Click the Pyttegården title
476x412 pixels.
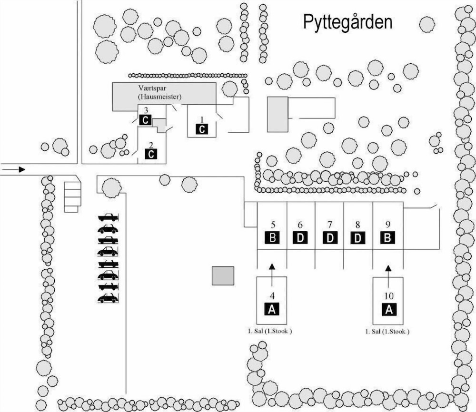(348, 22)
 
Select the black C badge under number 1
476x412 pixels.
(202, 129)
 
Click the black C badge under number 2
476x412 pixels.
(151, 154)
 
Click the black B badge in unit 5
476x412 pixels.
(272, 237)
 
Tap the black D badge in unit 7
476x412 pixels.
(330, 237)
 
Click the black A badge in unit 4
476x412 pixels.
(271, 309)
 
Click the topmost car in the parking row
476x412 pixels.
(108, 217)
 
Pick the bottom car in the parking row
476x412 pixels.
(108, 298)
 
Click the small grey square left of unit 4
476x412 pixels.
(223, 276)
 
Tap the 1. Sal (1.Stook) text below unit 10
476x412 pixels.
(387, 332)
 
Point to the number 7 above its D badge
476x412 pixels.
(329, 225)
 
